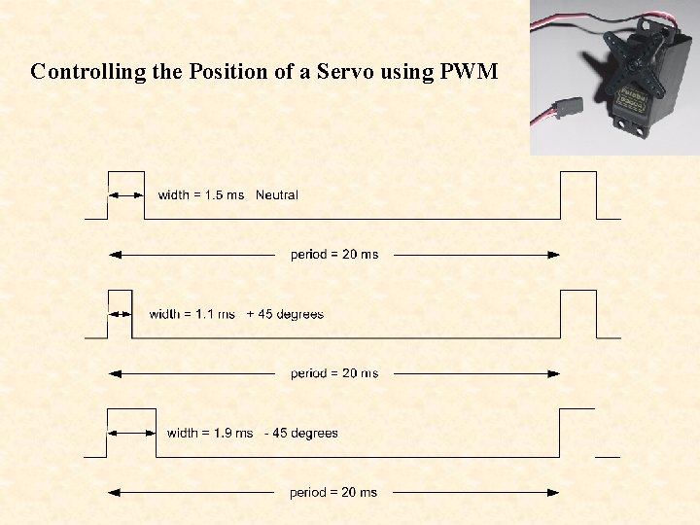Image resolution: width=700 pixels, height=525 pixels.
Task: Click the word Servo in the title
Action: (341, 72)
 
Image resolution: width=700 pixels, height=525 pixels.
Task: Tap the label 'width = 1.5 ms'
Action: (201, 195)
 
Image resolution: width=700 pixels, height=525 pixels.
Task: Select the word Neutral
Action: (277, 195)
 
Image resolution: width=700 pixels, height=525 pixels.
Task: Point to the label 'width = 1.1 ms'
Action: (192, 314)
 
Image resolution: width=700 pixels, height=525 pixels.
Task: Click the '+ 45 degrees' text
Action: (285, 314)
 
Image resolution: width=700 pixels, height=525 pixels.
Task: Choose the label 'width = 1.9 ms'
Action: (210, 433)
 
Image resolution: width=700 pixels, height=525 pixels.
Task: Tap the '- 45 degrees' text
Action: (301, 433)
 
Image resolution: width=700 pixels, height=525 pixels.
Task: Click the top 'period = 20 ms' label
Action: (334, 255)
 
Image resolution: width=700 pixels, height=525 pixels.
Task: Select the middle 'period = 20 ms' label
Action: (334, 373)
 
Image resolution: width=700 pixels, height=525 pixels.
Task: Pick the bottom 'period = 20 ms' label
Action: (333, 493)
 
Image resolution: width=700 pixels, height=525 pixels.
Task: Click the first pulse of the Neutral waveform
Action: (125, 194)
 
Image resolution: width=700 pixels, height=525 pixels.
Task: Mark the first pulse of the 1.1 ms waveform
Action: (120, 313)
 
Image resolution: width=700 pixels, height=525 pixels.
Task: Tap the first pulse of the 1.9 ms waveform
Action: (131, 433)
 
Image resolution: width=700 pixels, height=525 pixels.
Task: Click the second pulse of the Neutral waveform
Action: (578, 194)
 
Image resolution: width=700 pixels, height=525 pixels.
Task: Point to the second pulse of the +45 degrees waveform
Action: (578, 313)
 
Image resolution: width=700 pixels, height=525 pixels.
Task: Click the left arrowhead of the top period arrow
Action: (116, 255)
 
